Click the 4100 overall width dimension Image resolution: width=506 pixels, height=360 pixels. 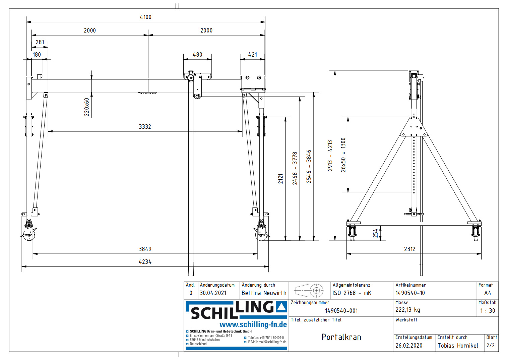[x=145, y=17]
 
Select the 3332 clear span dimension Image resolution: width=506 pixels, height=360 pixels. [x=145, y=127]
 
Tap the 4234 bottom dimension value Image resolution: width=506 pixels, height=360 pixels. [x=145, y=262]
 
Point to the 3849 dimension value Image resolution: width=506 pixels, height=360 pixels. [x=145, y=249]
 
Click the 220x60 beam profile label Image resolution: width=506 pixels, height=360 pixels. [x=87, y=107]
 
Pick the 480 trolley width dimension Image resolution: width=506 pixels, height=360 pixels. [x=197, y=55]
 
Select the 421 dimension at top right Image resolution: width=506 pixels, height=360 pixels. [x=253, y=55]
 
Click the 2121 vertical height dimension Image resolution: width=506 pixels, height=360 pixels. [x=281, y=179]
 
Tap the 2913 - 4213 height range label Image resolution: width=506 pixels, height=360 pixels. [x=330, y=156]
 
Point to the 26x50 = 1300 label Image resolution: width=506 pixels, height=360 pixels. [x=343, y=155]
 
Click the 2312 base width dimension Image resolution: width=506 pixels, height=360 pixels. [x=409, y=249]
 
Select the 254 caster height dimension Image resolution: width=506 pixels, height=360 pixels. [x=376, y=233]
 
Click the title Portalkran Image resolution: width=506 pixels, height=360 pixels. [x=341, y=337]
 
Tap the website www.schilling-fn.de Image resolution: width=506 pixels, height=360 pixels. [x=253, y=324]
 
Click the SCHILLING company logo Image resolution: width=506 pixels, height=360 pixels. [x=236, y=310]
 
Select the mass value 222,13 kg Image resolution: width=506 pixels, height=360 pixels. [x=407, y=310]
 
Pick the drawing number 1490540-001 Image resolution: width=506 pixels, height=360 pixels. [x=341, y=311]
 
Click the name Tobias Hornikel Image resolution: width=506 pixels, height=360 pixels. [x=458, y=346]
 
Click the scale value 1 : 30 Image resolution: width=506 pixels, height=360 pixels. [x=488, y=311]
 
